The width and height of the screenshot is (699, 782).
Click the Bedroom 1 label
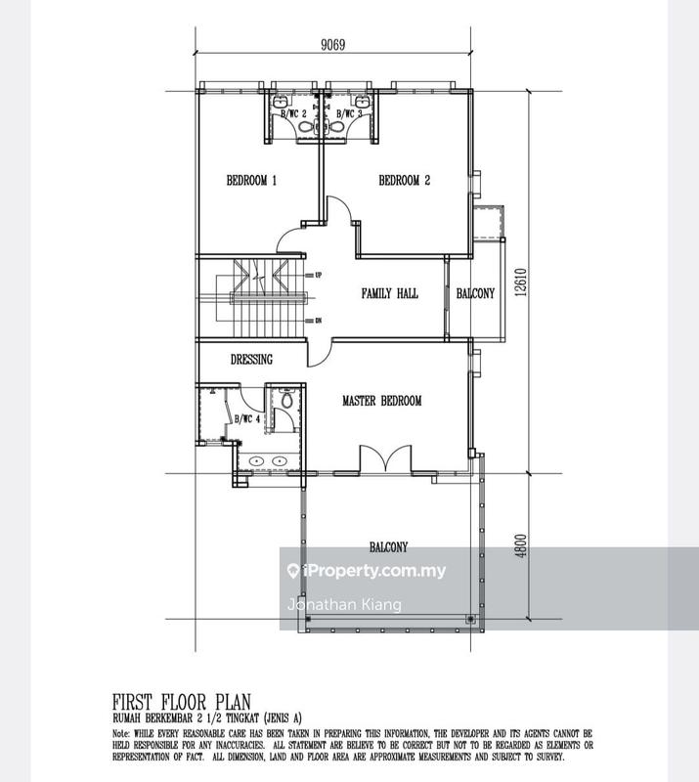(x=252, y=181)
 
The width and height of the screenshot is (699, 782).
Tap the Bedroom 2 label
(x=404, y=181)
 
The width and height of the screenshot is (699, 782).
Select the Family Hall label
(x=390, y=293)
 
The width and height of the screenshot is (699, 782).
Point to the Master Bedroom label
(x=381, y=401)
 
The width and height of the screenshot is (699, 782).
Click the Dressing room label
(x=251, y=360)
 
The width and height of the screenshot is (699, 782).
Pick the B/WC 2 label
(x=294, y=114)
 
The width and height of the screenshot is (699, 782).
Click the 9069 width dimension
(x=333, y=44)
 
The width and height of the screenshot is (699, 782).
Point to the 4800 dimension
(x=529, y=545)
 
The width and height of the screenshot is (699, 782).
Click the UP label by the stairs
(x=318, y=276)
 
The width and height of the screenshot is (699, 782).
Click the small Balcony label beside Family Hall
(x=476, y=293)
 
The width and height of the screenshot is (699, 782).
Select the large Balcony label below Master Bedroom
(x=388, y=547)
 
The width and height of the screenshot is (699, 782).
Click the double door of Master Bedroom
(x=387, y=460)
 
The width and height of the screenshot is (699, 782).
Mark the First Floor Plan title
(x=182, y=700)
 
